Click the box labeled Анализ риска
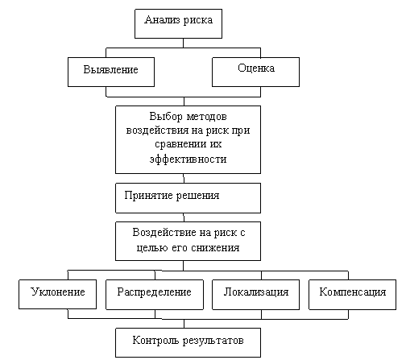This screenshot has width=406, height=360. point(178,23)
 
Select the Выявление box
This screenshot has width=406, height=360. point(111,72)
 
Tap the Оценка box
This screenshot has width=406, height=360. point(255,72)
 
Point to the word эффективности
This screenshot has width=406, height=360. point(188,159)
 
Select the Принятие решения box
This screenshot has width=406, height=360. point(188,198)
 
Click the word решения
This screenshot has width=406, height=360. point(197,196)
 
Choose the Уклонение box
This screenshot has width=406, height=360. point(57,294)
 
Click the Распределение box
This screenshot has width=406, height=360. point(155,295)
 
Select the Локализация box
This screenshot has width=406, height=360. point(255,295)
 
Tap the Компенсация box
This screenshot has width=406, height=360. point(352,295)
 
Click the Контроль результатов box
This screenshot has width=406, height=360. point(188,342)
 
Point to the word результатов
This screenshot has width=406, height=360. point(213,341)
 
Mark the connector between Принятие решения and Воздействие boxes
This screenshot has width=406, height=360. point(184,217)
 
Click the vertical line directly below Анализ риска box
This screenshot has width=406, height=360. point(183,43)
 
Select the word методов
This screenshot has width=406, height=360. point(207,117)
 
